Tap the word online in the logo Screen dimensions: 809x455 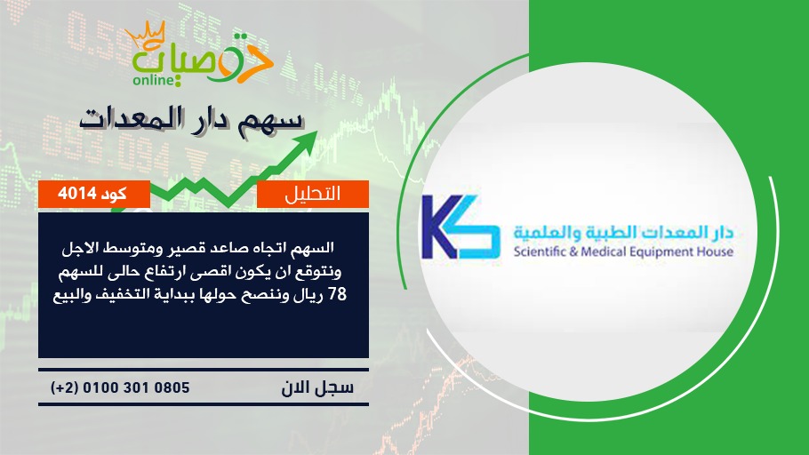click(x=153, y=80)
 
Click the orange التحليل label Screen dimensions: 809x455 click(x=313, y=194)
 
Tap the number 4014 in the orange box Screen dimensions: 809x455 click(x=77, y=194)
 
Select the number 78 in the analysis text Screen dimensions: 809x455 click(x=338, y=295)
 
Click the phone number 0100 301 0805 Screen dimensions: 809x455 click(x=136, y=387)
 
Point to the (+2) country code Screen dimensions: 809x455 click(x=64, y=387)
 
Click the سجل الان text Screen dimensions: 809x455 click(x=317, y=387)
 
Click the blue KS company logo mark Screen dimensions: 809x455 click(x=461, y=227)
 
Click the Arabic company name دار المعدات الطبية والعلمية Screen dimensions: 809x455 click(x=623, y=233)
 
